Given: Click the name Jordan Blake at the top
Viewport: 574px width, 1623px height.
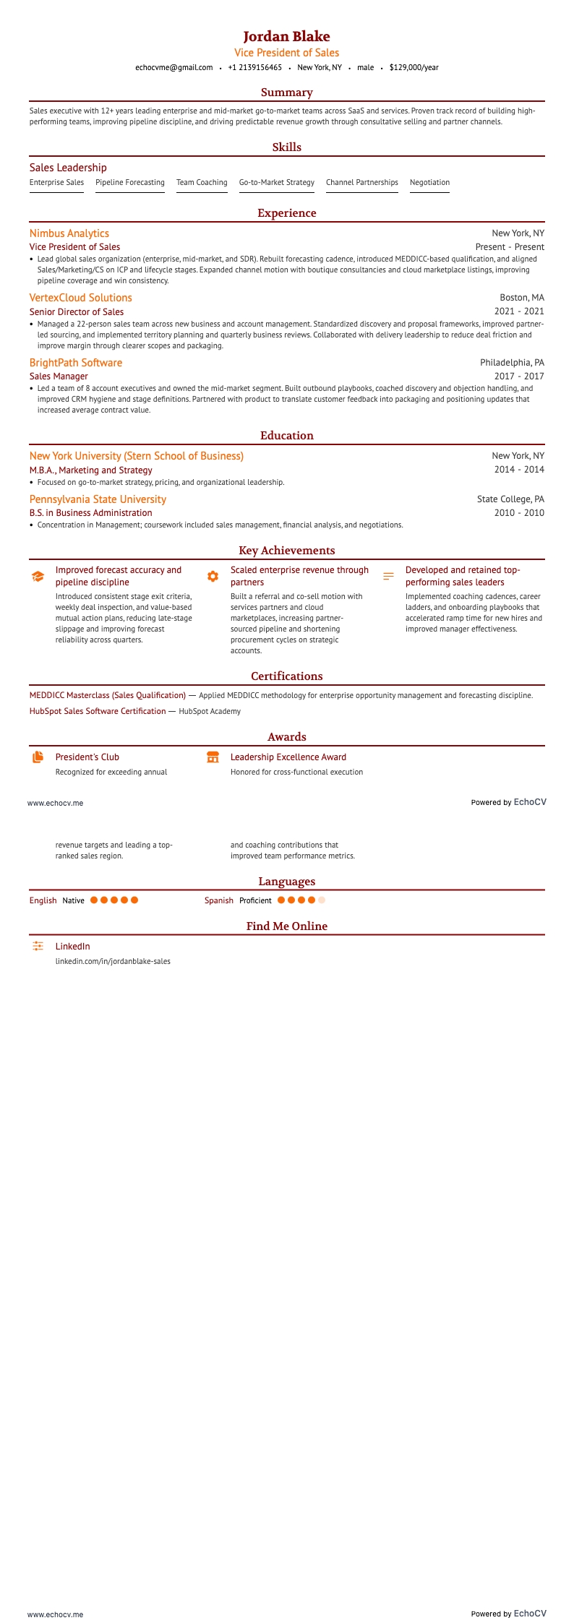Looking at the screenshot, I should click(x=286, y=36).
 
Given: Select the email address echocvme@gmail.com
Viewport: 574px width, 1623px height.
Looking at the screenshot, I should click(x=174, y=67).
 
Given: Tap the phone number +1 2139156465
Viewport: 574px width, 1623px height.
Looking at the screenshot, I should click(x=254, y=67).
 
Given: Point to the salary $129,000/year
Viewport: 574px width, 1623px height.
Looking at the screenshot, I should click(x=414, y=67).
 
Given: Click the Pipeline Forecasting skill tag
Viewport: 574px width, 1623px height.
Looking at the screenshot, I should click(x=130, y=183).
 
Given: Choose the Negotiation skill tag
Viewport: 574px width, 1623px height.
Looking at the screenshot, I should click(x=429, y=183).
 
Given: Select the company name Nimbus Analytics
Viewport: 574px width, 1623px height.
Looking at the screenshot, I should click(x=69, y=233).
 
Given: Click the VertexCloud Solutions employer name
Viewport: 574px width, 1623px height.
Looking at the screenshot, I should click(x=81, y=298).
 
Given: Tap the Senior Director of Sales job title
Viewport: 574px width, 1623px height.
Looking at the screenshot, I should click(x=77, y=312).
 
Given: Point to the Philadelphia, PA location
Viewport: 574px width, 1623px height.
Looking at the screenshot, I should click(x=512, y=363).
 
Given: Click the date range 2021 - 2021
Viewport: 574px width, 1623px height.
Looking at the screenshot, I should click(x=519, y=312).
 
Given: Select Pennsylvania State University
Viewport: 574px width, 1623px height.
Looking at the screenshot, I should click(x=98, y=499).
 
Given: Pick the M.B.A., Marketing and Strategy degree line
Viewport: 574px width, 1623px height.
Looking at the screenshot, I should click(x=91, y=470).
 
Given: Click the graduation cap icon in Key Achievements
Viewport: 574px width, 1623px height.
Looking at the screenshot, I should click(x=38, y=577).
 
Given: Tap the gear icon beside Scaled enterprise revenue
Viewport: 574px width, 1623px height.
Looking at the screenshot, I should click(x=213, y=577).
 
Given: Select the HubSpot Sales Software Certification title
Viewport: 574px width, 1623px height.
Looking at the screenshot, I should click(x=98, y=711).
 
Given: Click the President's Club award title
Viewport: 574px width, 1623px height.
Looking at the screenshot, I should click(x=87, y=757).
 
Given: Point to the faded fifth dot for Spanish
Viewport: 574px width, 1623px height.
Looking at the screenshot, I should click(x=322, y=900).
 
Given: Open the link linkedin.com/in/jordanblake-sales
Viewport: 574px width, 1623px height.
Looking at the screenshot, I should click(x=113, y=962).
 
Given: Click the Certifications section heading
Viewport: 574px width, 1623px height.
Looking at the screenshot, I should click(x=286, y=676).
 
